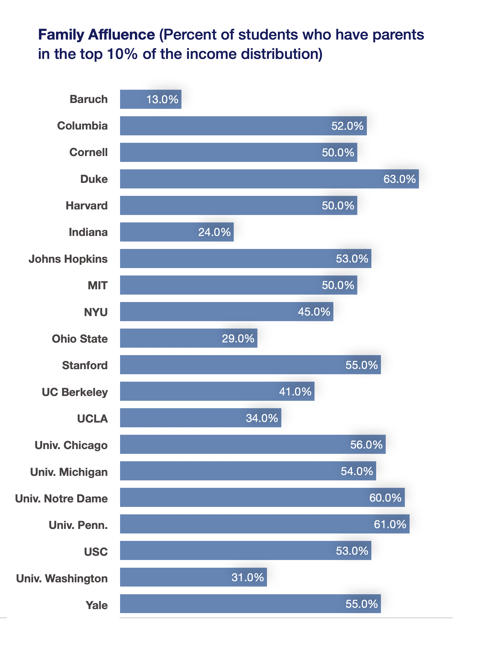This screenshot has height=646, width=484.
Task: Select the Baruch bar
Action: click(x=151, y=99)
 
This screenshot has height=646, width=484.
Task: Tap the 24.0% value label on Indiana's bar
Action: click(x=214, y=232)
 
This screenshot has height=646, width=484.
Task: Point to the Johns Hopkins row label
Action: click(x=68, y=259)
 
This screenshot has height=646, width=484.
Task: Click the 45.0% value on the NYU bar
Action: click(x=314, y=312)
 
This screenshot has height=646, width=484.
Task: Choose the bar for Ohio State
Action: click(x=189, y=338)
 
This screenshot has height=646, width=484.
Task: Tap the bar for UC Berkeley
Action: click(x=217, y=391)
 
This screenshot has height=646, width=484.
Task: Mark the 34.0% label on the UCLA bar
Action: click(x=262, y=418)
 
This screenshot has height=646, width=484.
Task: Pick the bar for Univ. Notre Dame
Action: click(x=262, y=497)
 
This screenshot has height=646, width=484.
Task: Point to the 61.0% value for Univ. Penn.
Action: click(x=390, y=524)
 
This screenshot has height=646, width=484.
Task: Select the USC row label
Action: click(x=96, y=551)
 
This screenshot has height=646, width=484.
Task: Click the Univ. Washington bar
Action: click(x=193, y=577)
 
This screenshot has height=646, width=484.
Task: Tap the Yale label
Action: click(x=96, y=605)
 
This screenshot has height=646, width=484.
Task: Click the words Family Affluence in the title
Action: click(x=96, y=35)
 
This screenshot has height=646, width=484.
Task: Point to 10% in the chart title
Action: click(x=122, y=54)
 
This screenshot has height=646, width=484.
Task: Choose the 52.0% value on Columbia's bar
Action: click(x=347, y=126)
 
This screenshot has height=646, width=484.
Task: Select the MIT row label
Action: click(x=97, y=285)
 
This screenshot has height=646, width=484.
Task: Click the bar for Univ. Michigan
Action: click(x=248, y=471)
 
